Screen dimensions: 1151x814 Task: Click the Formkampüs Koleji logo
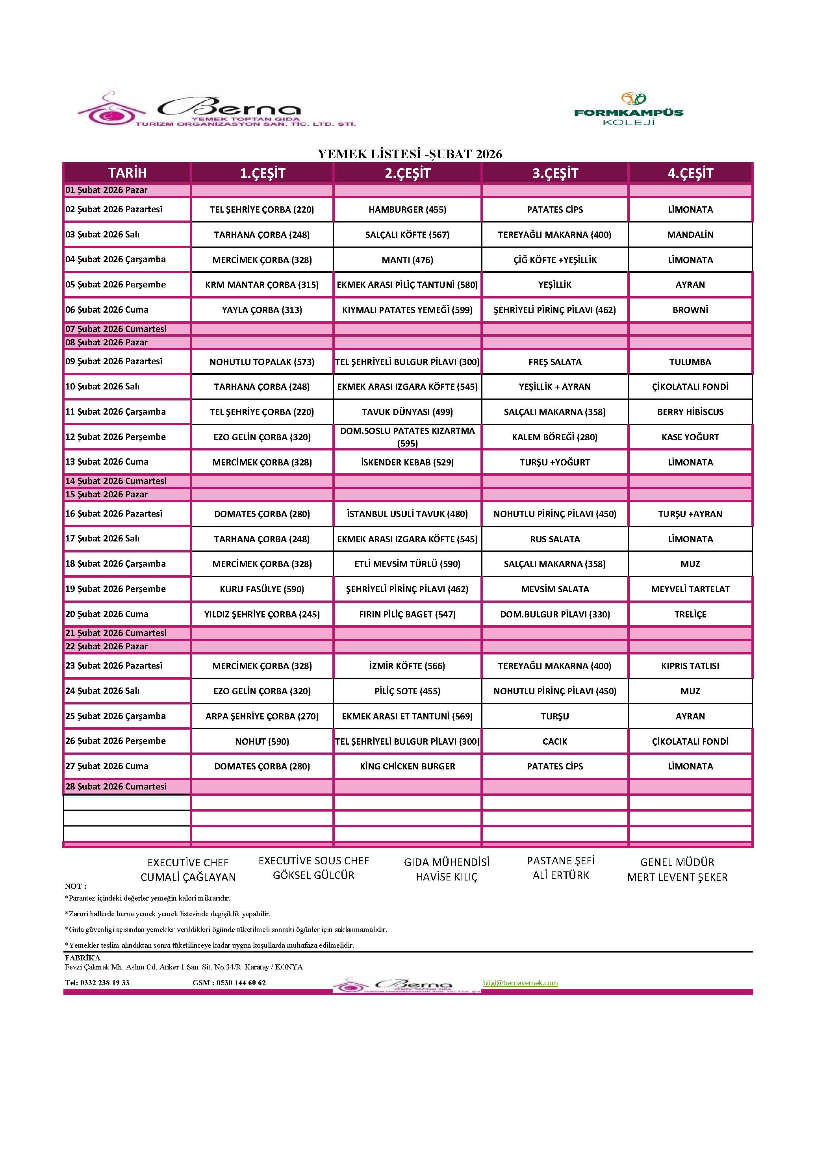[629, 109]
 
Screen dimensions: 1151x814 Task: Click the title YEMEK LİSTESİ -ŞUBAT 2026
[410, 154]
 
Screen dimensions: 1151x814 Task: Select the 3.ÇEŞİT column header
[555, 173]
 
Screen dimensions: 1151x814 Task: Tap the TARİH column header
[127, 173]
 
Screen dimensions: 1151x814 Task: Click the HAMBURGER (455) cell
[407, 209]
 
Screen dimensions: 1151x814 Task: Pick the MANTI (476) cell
[407, 259]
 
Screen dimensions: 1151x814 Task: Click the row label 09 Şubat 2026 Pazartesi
[114, 361]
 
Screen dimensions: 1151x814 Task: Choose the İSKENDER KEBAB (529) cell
[407, 462]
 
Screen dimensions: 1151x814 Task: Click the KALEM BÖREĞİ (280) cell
[554, 437]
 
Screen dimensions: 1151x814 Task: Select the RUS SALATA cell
[554, 539]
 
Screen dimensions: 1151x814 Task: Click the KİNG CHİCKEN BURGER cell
[407, 766]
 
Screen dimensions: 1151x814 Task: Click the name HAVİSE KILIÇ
[447, 877]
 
